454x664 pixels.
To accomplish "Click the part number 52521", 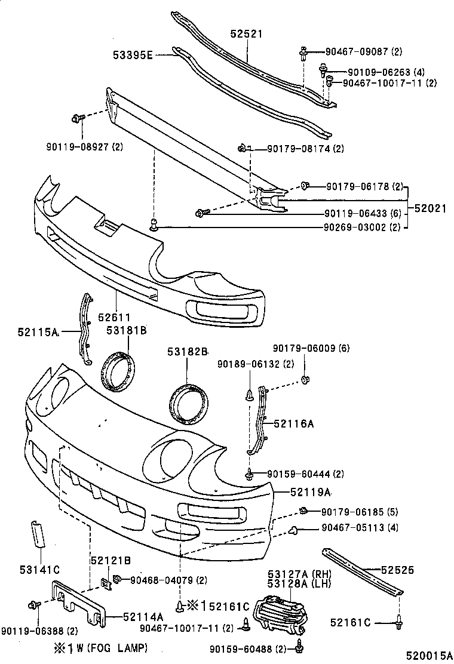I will [x=247, y=35].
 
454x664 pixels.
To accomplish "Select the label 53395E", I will [x=133, y=56].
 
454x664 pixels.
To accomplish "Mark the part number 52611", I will [x=114, y=318].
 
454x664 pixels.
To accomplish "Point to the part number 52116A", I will [x=294, y=423].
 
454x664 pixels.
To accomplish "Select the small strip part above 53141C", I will [x=37, y=534].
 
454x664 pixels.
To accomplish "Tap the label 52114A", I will [x=143, y=616].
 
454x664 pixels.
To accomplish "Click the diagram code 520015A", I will [x=427, y=656].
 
